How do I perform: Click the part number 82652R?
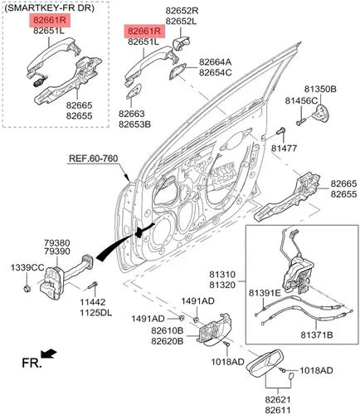coord(182,11)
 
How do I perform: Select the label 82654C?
coord(216,72)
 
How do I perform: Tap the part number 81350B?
coord(320,89)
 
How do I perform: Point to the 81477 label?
coord(284,149)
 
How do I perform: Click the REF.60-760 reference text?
coord(93,159)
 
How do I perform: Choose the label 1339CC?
coord(27,267)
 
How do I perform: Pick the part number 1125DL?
coord(96,313)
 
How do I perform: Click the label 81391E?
coord(265,293)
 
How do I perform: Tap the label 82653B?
coord(134,124)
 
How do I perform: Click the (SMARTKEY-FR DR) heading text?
coord(50,8)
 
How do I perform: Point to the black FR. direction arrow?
coord(49,354)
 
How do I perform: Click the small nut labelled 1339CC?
coord(27,289)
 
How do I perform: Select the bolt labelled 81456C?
coord(300,121)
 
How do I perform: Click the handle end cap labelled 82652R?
coord(181,43)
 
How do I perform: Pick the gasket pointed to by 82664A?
coord(178,71)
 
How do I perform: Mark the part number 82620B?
coord(168,341)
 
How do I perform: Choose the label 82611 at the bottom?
coord(278,410)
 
